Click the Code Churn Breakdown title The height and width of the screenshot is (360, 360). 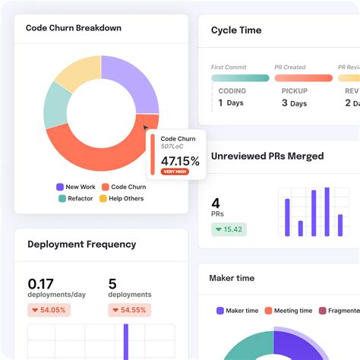(74, 28)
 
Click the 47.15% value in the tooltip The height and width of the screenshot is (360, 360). (180, 161)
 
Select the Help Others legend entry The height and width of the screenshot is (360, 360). (121, 199)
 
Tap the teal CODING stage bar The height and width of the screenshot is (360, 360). (240, 77)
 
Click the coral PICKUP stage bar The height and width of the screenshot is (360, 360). (302, 77)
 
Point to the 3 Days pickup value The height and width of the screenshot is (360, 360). (295, 103)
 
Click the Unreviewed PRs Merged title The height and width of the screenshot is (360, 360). (267, 156)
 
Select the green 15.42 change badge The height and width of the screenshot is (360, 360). (229, 229)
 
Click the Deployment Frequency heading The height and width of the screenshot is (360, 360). (82, 245)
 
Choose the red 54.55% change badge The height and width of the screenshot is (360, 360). (129, 310)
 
